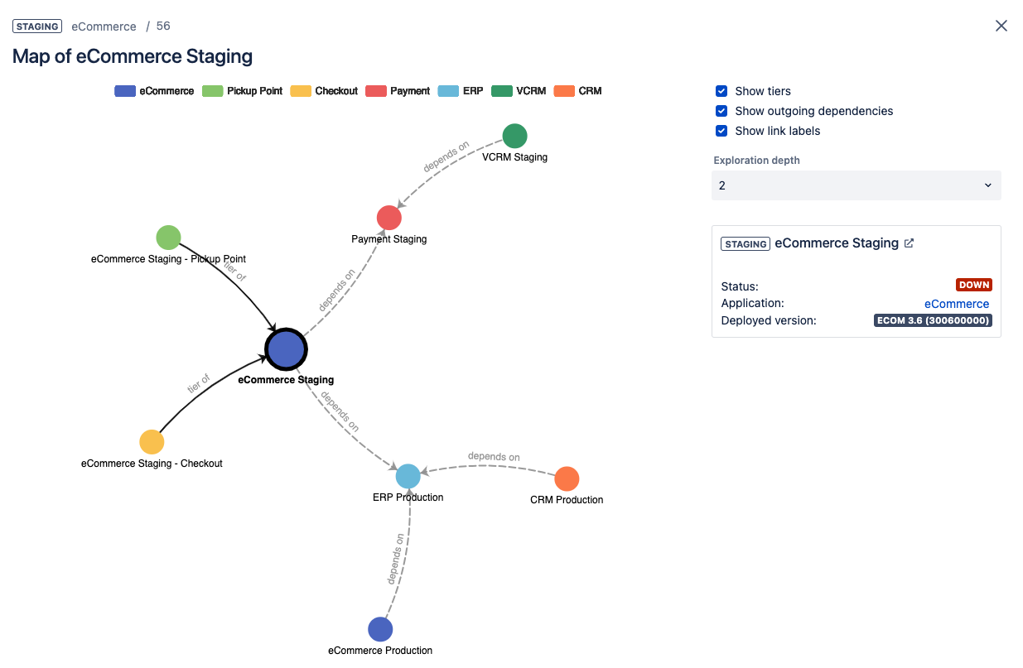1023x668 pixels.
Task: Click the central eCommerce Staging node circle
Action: (286, 350)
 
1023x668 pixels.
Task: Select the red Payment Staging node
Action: (389, 218)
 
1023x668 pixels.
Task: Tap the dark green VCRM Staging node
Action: (514, 136)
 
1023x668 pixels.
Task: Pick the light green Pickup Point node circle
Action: (168, 238)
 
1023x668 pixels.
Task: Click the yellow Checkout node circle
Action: (152, 442)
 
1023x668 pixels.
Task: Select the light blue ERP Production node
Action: (408, 476)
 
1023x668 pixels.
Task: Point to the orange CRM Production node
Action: (567, 478)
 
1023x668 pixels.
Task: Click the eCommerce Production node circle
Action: (380, 629)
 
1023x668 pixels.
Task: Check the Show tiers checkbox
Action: (721, 91)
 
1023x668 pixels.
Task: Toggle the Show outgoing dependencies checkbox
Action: (721, 111)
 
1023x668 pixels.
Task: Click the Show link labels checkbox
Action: (721, 131)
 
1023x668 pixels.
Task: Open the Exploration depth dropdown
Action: (856, 185)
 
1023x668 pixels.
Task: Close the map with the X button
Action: (1001, 26)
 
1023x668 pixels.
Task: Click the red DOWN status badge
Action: (974, 285)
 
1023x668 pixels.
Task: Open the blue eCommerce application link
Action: (957, 304)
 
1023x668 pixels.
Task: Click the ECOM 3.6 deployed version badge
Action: (933, 320)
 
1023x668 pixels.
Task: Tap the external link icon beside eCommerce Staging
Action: (909, 243)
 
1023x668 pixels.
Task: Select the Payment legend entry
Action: (398, 91)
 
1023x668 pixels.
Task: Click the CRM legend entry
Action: (578, 91)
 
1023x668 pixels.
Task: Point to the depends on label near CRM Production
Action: (494, 456)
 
